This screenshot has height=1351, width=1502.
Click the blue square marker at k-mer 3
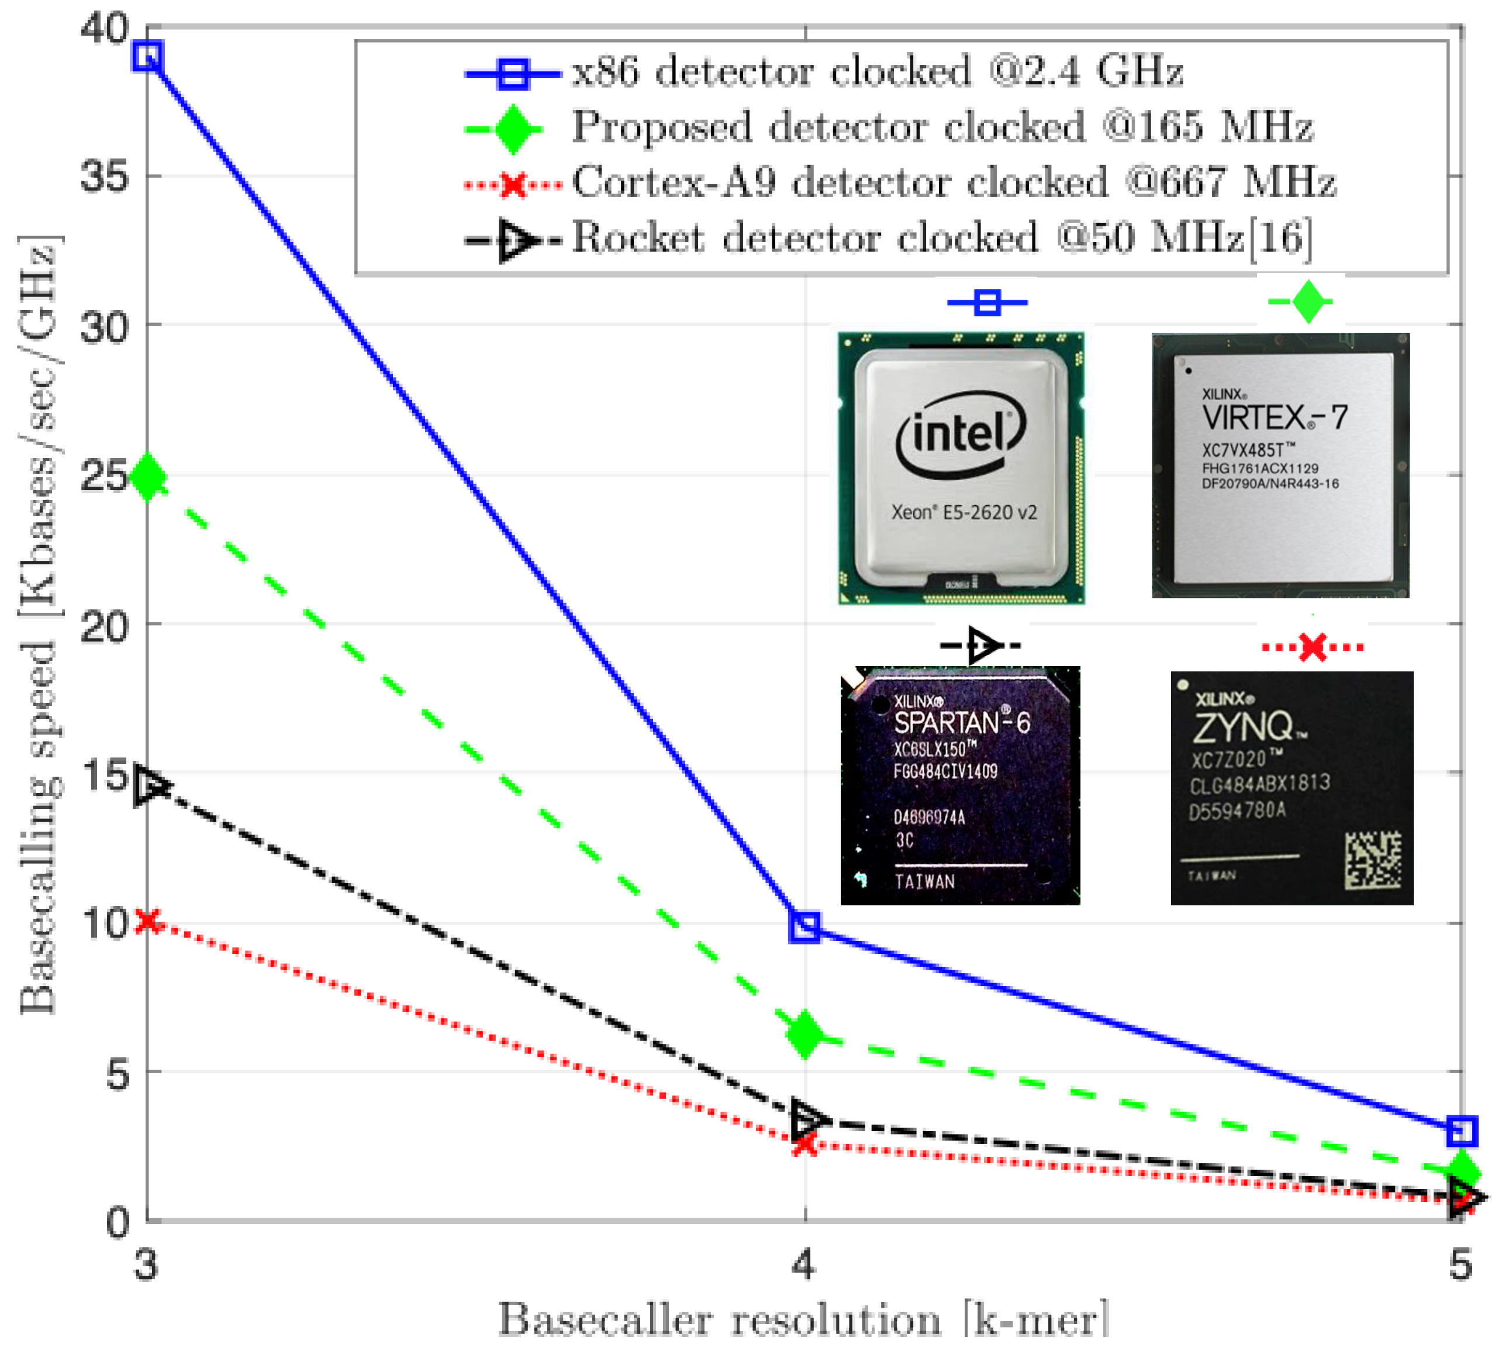click(147, 56)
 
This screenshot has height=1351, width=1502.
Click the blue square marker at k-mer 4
click(805, 927)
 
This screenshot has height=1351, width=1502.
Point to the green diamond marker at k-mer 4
click(805, 1033)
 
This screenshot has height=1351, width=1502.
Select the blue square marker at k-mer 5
click(1461, 1131)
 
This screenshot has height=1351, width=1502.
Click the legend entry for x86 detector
click(876, 71)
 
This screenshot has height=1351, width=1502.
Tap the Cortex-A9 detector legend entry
click(953, 182)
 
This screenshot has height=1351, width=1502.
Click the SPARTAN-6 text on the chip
click(961, 722)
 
